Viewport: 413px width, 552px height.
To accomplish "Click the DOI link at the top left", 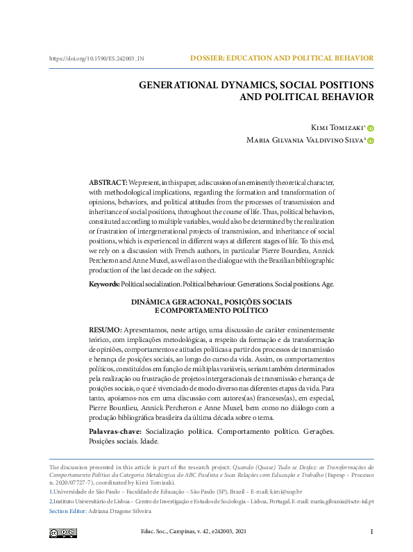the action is tap(96, 58).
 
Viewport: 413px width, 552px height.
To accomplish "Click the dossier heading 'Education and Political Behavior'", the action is tap(282, 58).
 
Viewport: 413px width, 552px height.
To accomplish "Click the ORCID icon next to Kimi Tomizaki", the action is tap(371, 128).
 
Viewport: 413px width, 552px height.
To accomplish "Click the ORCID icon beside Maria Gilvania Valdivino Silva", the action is tap(371, 141).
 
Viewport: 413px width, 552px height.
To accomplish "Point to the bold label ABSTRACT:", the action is tap(108, 181).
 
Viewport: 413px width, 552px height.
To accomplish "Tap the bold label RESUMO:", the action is tap(106, 329).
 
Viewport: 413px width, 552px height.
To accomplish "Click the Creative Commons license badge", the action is tap(63, 533).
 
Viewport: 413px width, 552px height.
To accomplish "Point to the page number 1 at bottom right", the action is tap(372, 533).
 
